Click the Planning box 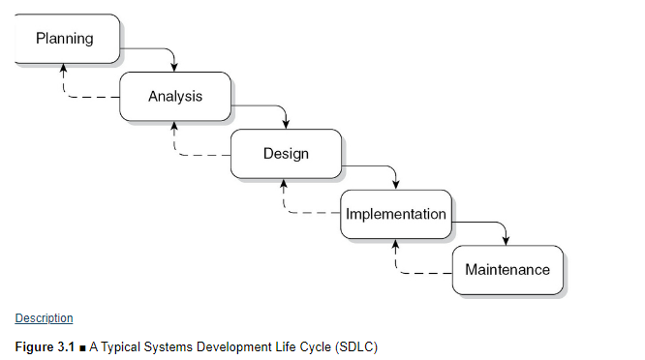(66, 39)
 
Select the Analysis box (175, 96)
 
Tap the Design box (286, 154)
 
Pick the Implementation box (396, 213)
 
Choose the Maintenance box (507, 269)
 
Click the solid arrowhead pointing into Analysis (175, 67)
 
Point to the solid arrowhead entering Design (286, 124)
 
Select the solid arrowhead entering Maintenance (507, 240)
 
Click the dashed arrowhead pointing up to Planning (64, 69)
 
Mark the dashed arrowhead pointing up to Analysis (174, 126)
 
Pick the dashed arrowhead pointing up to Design (285, 184)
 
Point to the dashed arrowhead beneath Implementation (395, 243)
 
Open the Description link (44, 318)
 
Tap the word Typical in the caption (125, 345)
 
